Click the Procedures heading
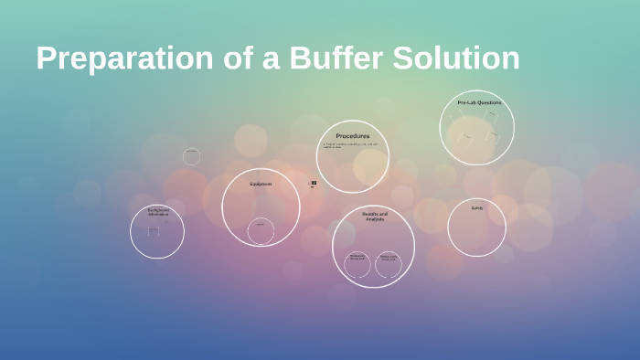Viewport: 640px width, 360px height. [x=352, y=136]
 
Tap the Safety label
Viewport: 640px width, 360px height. [x=476, y=207]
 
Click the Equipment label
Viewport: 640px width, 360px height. [x=261, y=184]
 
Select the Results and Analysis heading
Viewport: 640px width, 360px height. [x=374, y=217]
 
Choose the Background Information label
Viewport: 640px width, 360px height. [x=158, y=212]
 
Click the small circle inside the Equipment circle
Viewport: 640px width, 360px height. [x=261, y=230]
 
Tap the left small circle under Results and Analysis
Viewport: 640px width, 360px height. [x=357, y=265]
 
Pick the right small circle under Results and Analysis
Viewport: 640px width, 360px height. [x=389, y=265]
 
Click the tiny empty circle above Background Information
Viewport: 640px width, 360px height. [x=191, y=156]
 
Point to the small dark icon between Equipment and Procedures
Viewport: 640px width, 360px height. [x=314, y=184]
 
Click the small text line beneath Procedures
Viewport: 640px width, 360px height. [x=350, y=145]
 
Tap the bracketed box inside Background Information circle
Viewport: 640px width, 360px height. [x=153, y=231]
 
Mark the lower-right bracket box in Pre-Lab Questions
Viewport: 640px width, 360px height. [x=493, y=137]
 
